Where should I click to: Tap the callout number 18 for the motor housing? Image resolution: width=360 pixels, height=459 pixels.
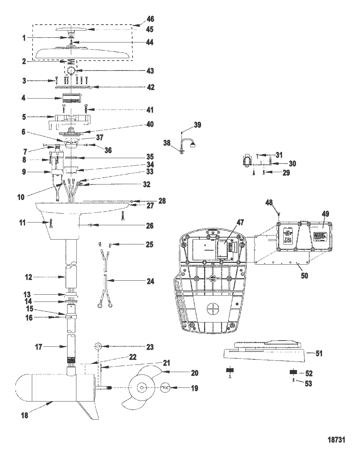pyautogui.click(x=25, y=416)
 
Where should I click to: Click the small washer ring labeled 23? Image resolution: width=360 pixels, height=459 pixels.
pyautogui.click(x=98, y=347)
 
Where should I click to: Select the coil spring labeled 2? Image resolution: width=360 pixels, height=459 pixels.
pyautogui.click(x=71, y=62)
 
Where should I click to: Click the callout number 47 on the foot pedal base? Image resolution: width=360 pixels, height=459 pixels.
pyautogui.click(x=240, y=222)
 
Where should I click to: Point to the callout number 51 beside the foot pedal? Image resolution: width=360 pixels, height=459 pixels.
pyautogui.click(x=319, y=353)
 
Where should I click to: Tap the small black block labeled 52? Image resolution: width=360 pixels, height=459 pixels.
pyautogui.click(x=293, y=372)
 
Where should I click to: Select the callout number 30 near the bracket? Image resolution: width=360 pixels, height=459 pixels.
pyautogui.click(x=292, y=163)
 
